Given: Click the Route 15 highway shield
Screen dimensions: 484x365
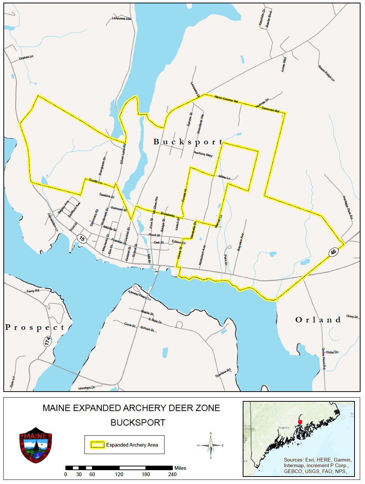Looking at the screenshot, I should (82, 239).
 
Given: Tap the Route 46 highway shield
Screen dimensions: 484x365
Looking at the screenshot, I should (333, 252).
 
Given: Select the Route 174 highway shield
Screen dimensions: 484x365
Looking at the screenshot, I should (47, 341).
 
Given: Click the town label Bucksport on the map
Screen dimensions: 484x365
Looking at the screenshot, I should (188, 142).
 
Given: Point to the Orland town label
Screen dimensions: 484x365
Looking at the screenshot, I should (318, 320).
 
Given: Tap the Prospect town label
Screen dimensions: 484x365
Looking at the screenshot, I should (35, 328).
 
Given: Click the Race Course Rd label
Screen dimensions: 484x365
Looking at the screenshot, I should (226, 99).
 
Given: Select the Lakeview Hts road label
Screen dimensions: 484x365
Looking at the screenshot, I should (122, 18).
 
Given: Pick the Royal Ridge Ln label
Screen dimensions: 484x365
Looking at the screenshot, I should (326, 73).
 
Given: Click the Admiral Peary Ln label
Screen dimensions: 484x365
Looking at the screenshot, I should (139, 295).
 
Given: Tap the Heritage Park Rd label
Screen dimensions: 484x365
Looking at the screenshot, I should (348, 207).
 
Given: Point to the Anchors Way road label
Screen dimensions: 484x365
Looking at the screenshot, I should (203, 154).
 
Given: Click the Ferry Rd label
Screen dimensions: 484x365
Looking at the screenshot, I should (33, 291).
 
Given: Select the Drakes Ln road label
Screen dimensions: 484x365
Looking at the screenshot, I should (26, 58).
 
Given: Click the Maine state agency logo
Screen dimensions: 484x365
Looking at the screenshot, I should (36, 445).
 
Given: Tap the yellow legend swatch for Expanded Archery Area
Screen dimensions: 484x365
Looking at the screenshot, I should (97, 445).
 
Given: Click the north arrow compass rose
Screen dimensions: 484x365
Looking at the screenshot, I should (211, 445).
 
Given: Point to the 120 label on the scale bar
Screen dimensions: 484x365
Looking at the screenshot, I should (119, 474).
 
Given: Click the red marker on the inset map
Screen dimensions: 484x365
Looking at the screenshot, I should (300, 422).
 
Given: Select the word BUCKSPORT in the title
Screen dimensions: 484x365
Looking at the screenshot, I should (138, 423).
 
